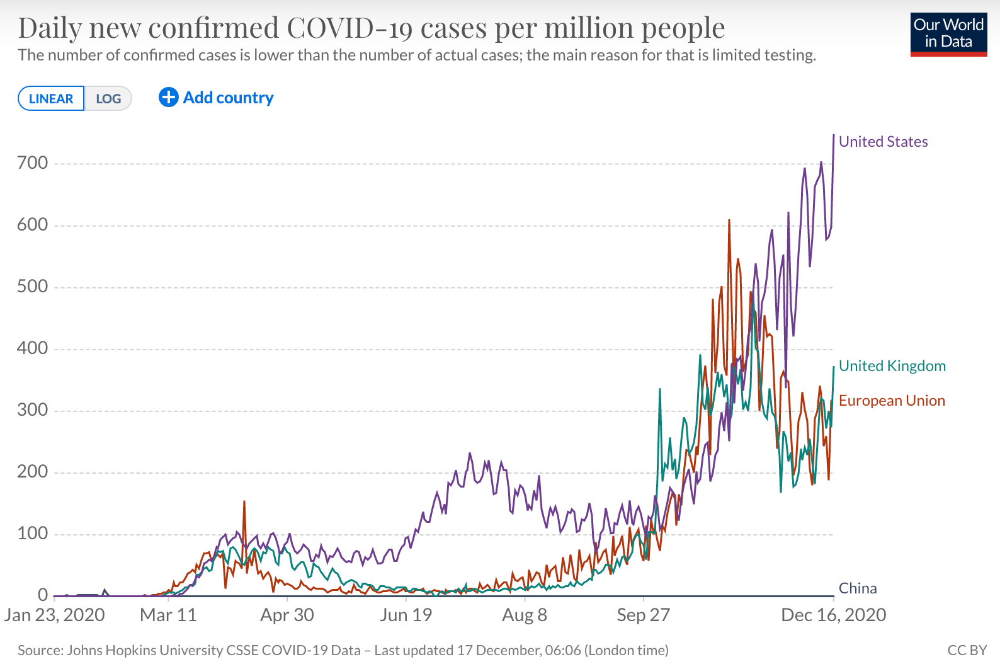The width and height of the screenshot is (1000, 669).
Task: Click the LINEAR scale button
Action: coord(51,99)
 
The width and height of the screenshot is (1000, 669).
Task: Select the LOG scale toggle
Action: coord(108,99)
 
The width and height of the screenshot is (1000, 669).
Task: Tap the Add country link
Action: coord(216,98)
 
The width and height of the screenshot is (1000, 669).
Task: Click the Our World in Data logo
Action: coord(948,34)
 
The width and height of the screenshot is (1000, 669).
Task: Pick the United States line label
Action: coord(883,142)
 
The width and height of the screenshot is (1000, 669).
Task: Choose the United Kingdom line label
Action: coord(892,366)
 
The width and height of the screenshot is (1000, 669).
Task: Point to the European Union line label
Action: coord(892,401)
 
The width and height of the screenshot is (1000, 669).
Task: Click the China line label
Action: coord(858,588)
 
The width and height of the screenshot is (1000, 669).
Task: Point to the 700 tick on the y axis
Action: coord(33,163)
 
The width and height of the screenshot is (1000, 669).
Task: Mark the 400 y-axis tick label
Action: coord(33,348)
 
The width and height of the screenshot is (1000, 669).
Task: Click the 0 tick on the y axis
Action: coord(43,595)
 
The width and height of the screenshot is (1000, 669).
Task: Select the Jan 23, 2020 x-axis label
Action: coord(55,615)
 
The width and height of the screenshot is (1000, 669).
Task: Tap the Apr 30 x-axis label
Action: coord(287,615)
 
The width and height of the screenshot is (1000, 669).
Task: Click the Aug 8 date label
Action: coord(525,615)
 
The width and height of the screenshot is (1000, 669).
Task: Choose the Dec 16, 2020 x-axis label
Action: coord(833,615)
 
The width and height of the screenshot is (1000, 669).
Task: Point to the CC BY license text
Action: coord(967,650)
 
